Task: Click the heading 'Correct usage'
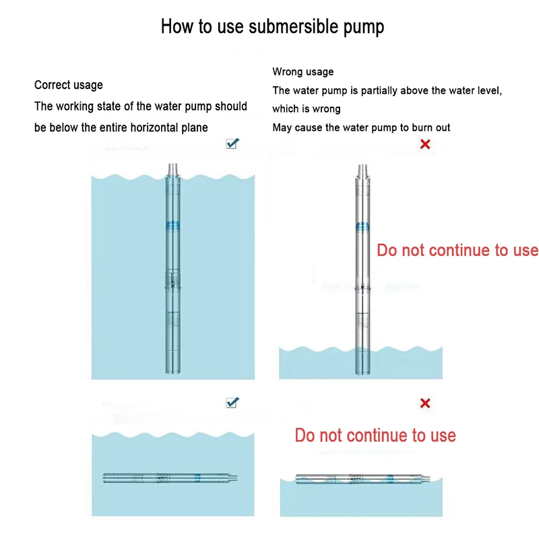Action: (x=69, y=85)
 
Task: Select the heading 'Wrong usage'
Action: (x=303, y=71)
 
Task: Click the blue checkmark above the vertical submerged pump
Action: (x=232, y=144)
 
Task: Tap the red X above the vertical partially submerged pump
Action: (x=425, y=144)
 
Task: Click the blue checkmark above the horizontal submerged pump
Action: (x=232, y=402)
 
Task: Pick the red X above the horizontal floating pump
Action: (x=425, y=403)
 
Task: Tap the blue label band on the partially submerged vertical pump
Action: (x=362, y=226)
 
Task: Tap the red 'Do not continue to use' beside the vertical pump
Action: (x=457, y=251)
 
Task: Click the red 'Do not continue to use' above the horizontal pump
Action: (x=375, y=435)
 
